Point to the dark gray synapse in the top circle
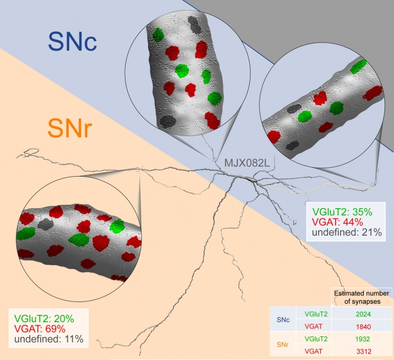(x=195, y=24)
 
